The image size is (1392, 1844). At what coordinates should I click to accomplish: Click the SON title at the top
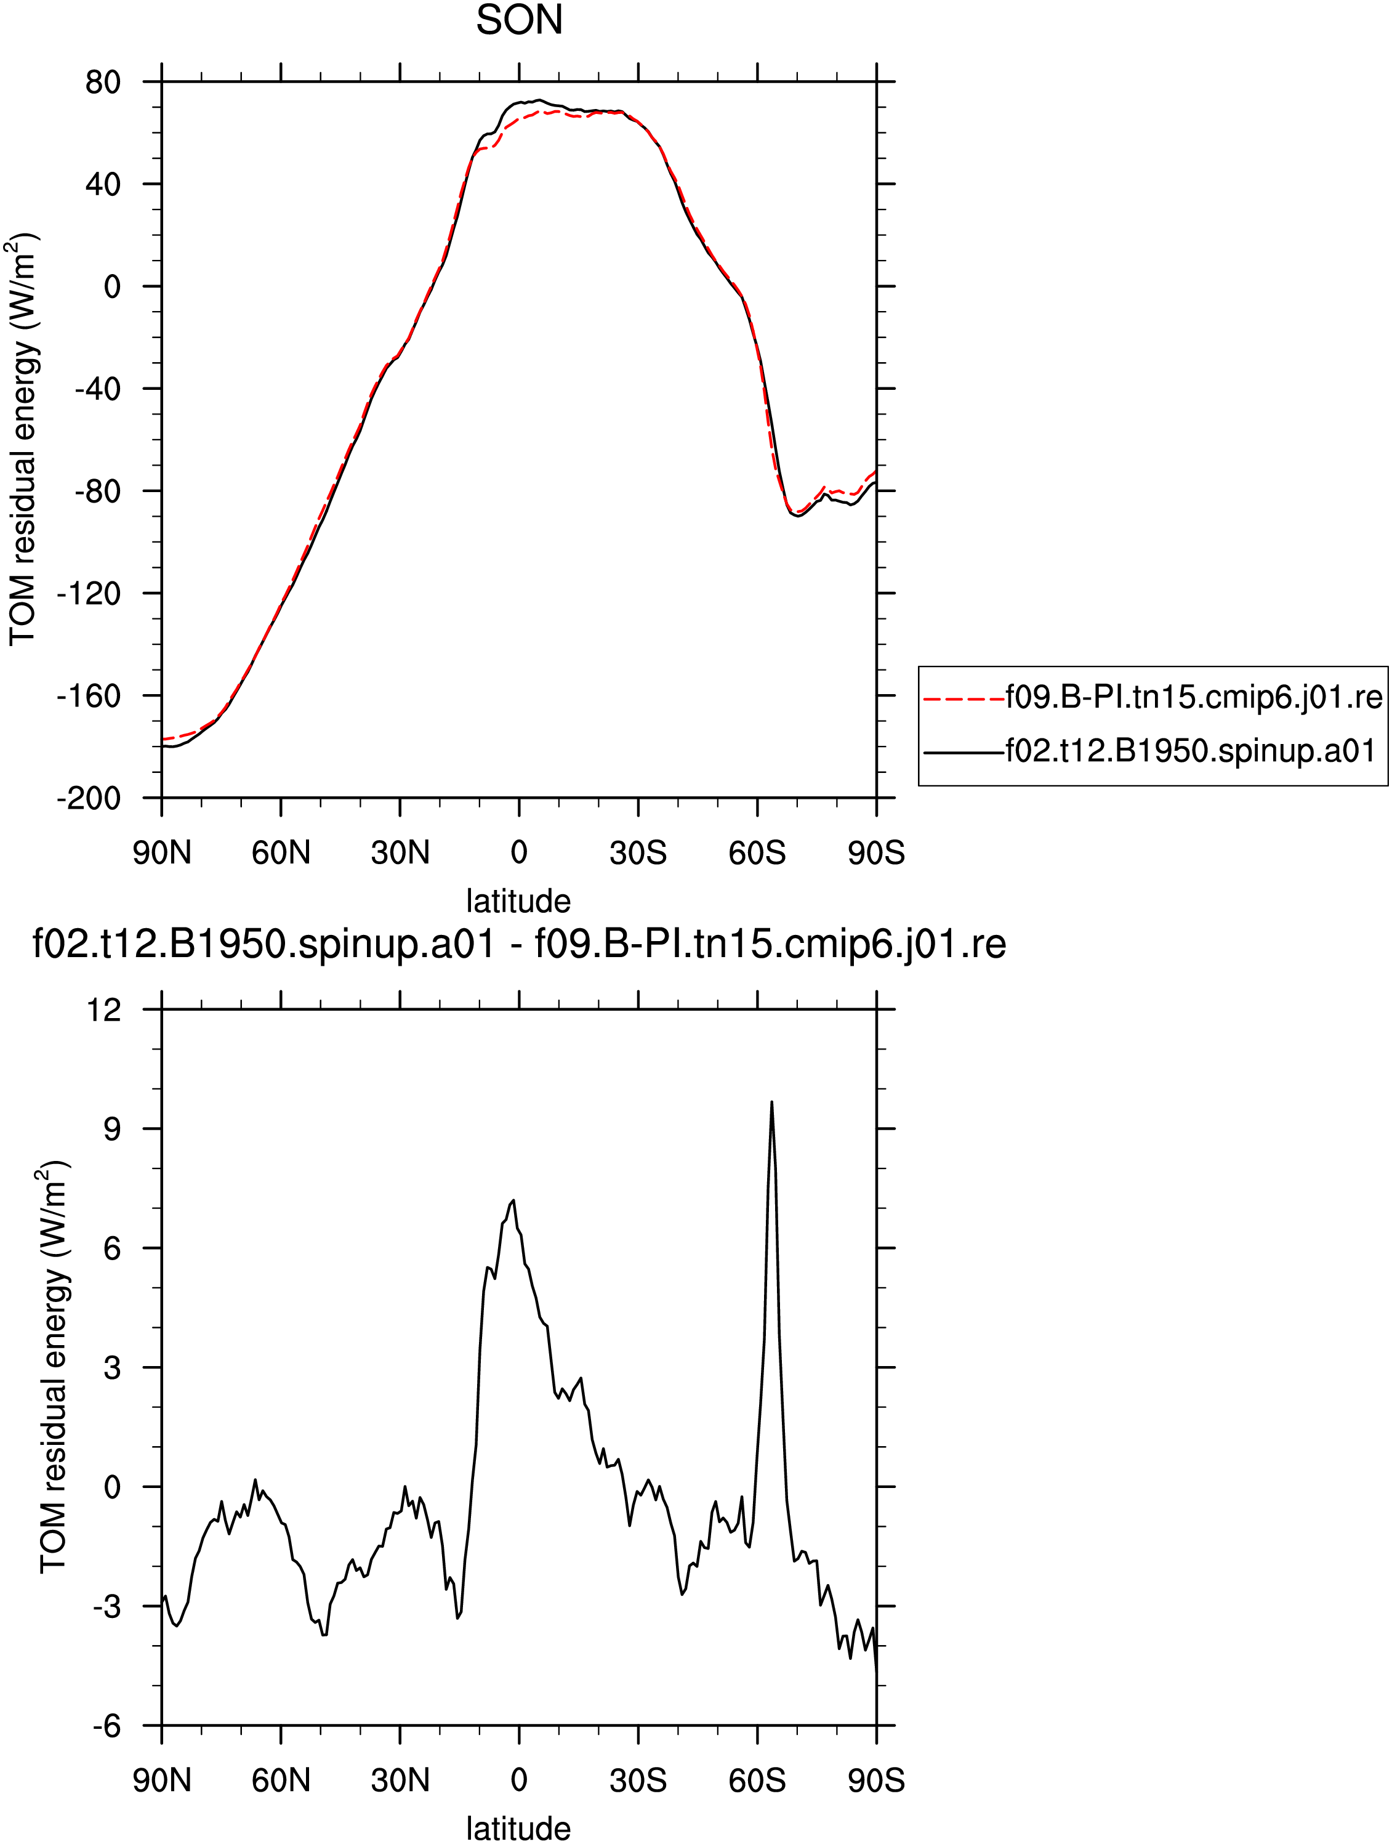[519, 20]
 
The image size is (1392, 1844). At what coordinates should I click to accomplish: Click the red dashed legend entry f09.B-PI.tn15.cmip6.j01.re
[1153, 697]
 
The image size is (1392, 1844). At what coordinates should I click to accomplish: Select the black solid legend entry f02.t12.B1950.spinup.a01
[1150, 752]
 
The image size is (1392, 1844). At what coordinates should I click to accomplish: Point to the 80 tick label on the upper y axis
[103, 83]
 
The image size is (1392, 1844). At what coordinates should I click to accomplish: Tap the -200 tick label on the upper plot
[89, 799]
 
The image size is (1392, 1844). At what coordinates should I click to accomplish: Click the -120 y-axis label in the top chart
[89, 594]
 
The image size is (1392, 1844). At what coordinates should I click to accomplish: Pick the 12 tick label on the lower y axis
[103, 1010]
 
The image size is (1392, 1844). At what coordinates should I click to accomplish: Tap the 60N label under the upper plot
[281, 853]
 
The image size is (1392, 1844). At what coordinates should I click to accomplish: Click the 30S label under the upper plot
[638, 853]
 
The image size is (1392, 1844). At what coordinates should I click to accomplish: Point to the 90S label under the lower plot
[876, 1781]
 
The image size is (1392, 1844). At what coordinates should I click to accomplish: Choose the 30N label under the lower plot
[400, 1781]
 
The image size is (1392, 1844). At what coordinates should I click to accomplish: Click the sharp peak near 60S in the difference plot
[772, 1102]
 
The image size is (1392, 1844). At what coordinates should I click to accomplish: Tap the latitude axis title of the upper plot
[518, 901]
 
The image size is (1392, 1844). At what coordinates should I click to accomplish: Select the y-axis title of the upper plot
[23, 439]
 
